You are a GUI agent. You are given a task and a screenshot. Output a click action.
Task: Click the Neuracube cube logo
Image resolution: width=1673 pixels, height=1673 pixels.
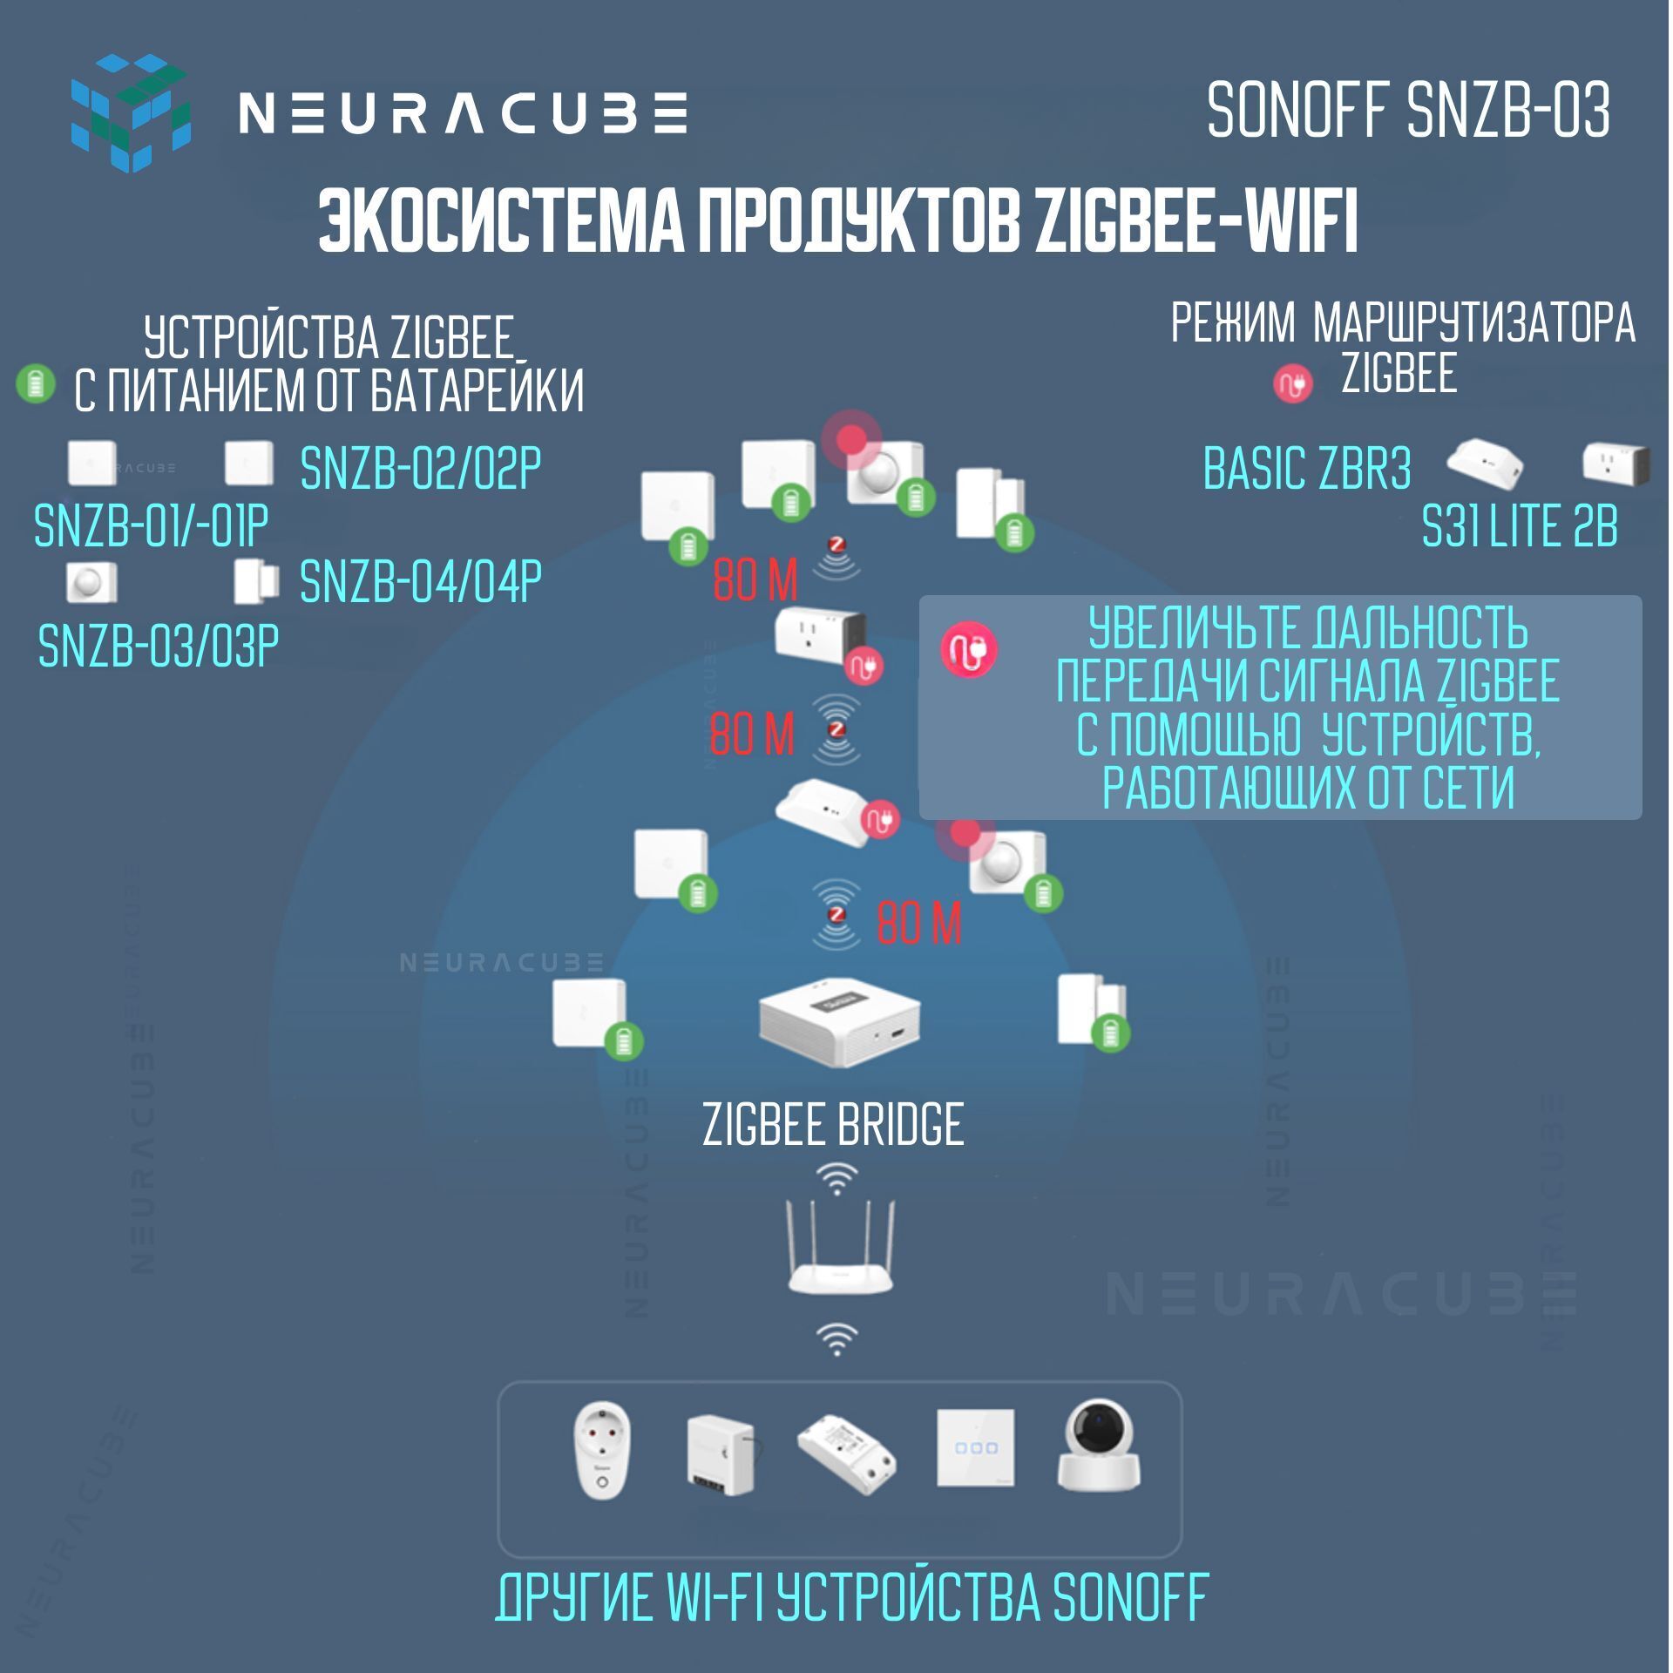pyautogui.click(x=130, y=112)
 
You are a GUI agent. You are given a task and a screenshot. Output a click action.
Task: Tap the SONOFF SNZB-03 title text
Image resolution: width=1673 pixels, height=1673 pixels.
pyautogui.click(x=1408, y=112)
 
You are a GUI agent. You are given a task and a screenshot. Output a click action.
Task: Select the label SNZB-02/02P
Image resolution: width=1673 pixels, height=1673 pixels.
pyautogui.click(x=420, y=468)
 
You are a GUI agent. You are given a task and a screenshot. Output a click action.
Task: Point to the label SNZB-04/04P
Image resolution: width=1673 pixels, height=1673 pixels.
pyautogui.click(x=420, y=581)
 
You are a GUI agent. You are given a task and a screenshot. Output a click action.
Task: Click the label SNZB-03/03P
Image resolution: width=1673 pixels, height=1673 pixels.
pyautogui.click(x=159, y=646)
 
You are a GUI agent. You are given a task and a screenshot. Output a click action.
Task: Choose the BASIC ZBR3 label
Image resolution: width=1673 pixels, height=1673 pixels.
pyautogui.click(x=1306, y=468)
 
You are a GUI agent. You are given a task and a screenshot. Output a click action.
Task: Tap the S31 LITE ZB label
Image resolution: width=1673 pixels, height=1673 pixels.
pyautogui.click(x=1520, y=527)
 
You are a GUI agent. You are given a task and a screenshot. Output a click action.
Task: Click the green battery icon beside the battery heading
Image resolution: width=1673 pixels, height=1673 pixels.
pyautogui.click(x=36, y=383)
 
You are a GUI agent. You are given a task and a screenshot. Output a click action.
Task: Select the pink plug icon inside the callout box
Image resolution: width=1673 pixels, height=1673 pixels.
pyautogui.click(x=968, y=649)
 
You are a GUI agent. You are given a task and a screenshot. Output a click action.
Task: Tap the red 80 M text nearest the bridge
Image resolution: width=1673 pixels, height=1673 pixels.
pyautogui.click(x=918, y=924)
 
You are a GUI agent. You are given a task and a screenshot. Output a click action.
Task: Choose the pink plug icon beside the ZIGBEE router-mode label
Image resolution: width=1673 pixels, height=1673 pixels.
pyautogui.click(x=1292, y=383)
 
